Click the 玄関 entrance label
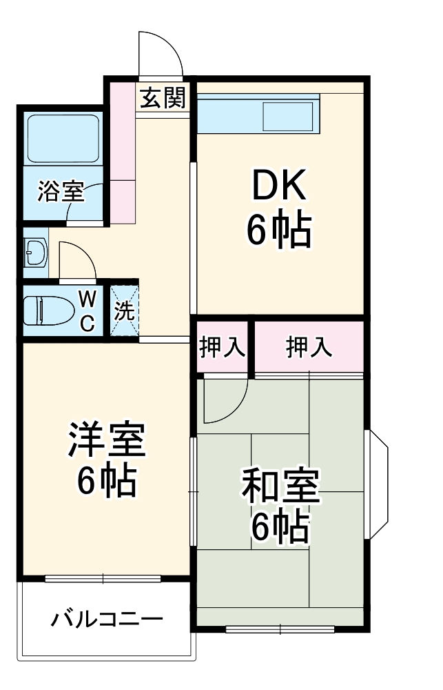tap(163, 99)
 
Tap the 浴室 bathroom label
tap(61, 192)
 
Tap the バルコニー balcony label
tap(107, 618)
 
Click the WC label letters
tap(87, 310)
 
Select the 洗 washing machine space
tap(125, 310)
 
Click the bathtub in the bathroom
tap(63, 137)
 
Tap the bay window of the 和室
tap(378, 483)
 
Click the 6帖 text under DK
tap(278, 230)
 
